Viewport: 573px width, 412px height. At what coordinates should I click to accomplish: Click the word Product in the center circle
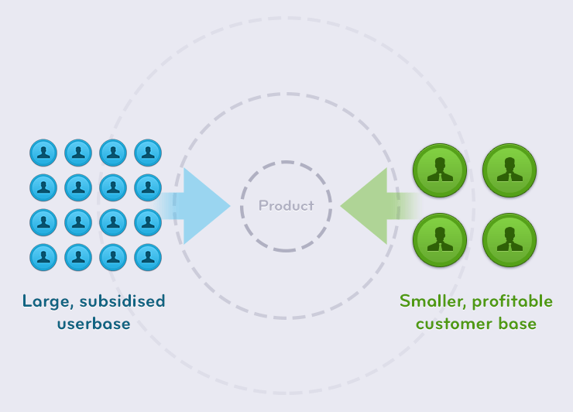(286, 206)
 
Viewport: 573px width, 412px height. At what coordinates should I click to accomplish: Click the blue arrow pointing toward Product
(203, 206)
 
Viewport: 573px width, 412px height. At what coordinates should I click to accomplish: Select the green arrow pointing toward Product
(370, 206)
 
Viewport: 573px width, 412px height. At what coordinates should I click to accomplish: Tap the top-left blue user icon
(43, 153)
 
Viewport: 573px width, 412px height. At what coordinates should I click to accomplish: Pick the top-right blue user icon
(148, 153)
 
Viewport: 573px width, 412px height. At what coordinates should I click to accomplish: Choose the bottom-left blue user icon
(43, 257)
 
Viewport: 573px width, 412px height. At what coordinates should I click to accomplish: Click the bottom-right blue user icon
(148, 257)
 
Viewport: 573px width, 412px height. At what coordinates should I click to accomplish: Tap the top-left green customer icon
(440, 170)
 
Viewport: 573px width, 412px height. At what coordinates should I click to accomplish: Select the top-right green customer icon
(510, 170)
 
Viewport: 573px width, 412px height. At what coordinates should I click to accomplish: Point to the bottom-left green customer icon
(440, 240)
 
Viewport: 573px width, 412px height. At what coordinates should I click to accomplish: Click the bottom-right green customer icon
(510, 240)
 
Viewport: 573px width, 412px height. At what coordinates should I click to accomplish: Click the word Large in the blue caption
(43, 301)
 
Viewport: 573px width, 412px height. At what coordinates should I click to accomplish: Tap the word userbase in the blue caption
(94, 324)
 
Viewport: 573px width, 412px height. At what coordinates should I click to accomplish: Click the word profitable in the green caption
(513, 301)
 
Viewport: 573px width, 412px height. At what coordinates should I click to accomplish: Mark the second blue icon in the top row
(78, 153)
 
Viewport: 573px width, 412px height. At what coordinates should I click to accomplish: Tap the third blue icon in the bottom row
(113, 257)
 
